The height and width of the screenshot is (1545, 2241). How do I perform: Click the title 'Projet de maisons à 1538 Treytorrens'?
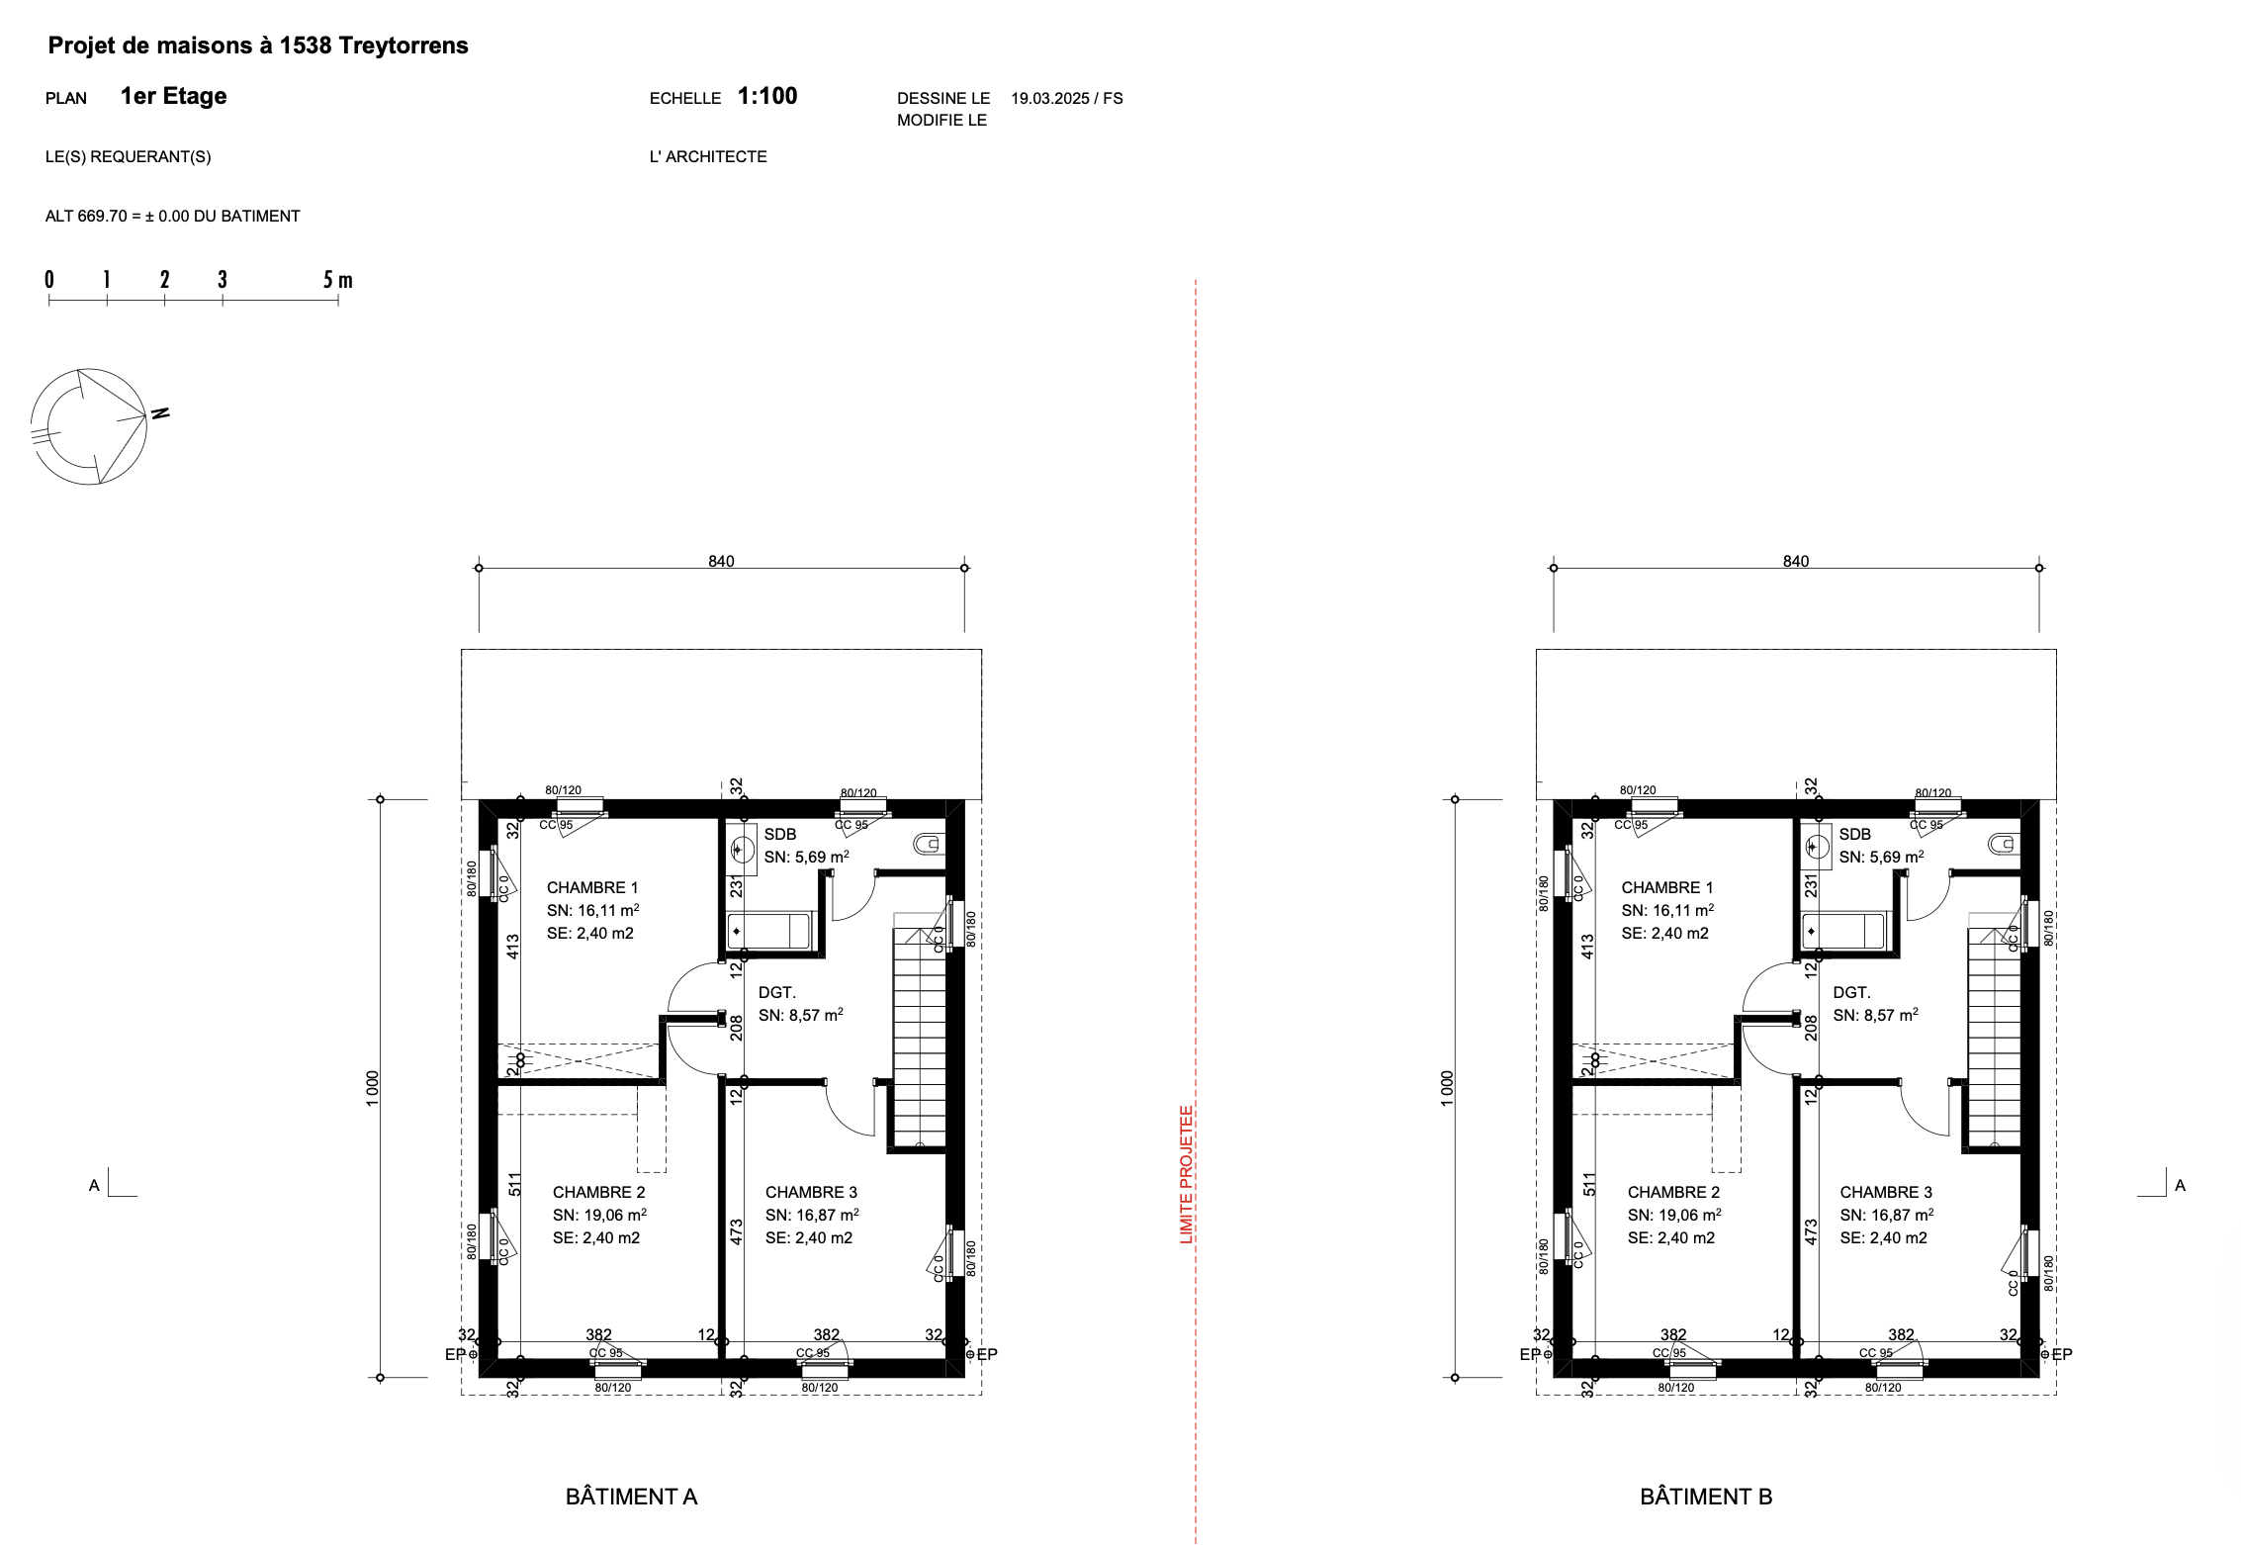(258, 45)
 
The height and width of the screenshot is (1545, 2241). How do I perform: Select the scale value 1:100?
(767, 96)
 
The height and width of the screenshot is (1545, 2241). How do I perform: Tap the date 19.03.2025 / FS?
(1067, 98)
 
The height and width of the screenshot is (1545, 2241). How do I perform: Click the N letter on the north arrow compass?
(160, 412)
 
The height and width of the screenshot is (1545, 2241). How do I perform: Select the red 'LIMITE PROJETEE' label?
(1187, 1174)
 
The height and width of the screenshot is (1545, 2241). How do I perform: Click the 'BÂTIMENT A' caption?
(632, 1497)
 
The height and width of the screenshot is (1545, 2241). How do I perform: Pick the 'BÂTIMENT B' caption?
(1706, 1497)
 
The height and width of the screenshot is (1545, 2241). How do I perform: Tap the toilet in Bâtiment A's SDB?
(929, 844)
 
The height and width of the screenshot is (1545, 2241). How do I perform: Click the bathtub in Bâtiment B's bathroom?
(1843, 931)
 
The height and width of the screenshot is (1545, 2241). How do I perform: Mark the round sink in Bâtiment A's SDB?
(742, 849)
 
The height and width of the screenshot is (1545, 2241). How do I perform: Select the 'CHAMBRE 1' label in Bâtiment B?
(1667, 887)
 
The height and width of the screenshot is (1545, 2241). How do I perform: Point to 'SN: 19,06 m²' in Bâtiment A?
(599, 1215)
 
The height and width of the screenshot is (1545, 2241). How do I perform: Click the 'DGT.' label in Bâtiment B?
(1851, 992)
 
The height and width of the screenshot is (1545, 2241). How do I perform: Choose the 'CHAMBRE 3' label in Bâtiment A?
(811, 1192)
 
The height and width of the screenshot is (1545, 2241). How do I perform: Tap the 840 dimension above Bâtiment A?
(721, 561)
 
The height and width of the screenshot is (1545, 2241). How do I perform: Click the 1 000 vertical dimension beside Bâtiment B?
(1448, 1088)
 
